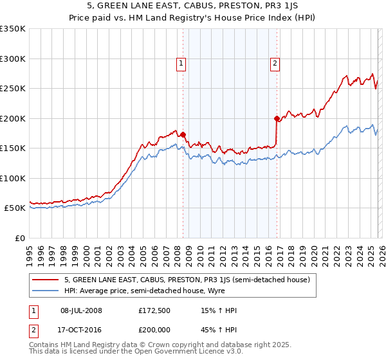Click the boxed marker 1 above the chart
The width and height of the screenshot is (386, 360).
(x=181, y=63)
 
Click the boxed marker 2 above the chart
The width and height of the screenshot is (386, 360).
(x=275, y=63)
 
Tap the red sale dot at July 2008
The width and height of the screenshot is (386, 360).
(x=183, y=135)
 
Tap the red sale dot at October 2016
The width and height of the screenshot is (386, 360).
(x=277, y=118)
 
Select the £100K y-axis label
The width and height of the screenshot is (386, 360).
(x=13, y=178)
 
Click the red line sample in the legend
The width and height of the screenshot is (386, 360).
(x=46, y=280)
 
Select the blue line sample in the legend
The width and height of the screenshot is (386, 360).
(x=46, y=290)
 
